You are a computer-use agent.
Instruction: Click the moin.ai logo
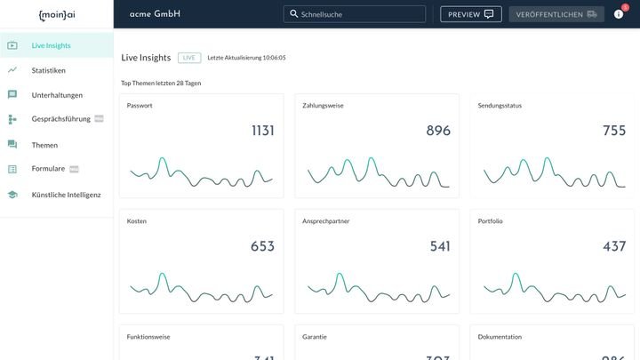[x=56, y=14]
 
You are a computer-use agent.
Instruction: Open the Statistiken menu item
[x=48, y=70]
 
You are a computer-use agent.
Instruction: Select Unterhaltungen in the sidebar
[x=57, y=95]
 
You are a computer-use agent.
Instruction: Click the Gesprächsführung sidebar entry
[x=60, y=119]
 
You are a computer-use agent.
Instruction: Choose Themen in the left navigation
[x=44, y=145]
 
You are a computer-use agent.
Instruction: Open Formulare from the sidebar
[x=48, y=169]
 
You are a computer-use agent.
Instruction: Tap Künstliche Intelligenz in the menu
[x=66, y=195]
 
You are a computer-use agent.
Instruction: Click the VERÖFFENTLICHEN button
[x=556, y=14]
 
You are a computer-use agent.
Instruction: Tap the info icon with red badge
[x=619, y=14]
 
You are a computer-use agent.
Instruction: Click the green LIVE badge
[x=188, y=58]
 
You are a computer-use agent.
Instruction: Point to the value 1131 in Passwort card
[x=262, y=131]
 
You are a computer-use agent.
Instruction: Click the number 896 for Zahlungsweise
[x=438, y=131]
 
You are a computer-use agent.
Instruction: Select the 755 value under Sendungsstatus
[x=614, y=131]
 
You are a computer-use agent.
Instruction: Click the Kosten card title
[x=137, y=221]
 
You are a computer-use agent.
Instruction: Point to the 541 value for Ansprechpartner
[x=440, y=246]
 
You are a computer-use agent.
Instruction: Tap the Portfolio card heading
[x=491, y=221]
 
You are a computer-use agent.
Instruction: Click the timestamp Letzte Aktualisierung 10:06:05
[x=246, y=58]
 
